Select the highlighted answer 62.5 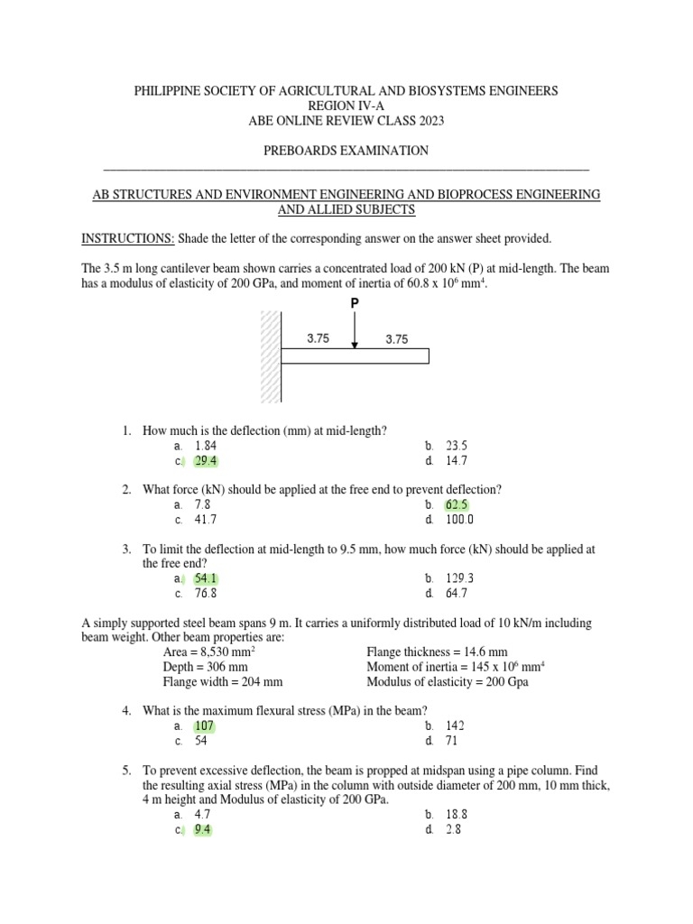[457, 504]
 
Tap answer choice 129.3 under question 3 [460, 578]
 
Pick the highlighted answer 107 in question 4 [204, 726]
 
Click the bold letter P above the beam [355, 304]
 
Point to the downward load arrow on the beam [356, 331]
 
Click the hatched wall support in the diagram [270, 357]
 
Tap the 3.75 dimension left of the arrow [318, 339]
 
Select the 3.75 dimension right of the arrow [397, 339]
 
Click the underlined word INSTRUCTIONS [128, 238]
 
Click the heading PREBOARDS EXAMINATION [346, 151]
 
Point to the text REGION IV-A [346, 106]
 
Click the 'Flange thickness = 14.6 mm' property [437, 651]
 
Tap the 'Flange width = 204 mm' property [223, 682]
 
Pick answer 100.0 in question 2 [460, 520]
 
